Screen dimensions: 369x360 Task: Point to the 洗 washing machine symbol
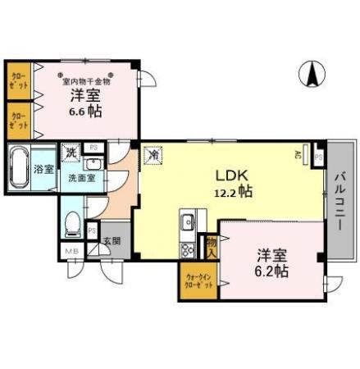(71, 153)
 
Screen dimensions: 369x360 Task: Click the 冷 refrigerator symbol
(153, 153)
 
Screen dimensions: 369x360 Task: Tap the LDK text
(231, 175)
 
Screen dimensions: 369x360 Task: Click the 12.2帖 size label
(233, 192)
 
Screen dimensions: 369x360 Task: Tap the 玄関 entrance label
(111, 241)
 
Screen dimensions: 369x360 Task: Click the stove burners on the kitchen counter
(187, 248)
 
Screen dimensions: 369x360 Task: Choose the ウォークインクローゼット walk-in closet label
(197, 281)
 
